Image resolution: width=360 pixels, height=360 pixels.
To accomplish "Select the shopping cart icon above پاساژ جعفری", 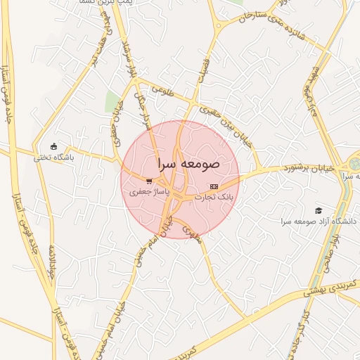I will coord(148,181).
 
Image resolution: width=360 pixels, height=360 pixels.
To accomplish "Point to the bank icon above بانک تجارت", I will coord(214,186).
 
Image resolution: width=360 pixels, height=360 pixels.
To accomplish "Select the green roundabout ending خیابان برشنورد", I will coord(352,162).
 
